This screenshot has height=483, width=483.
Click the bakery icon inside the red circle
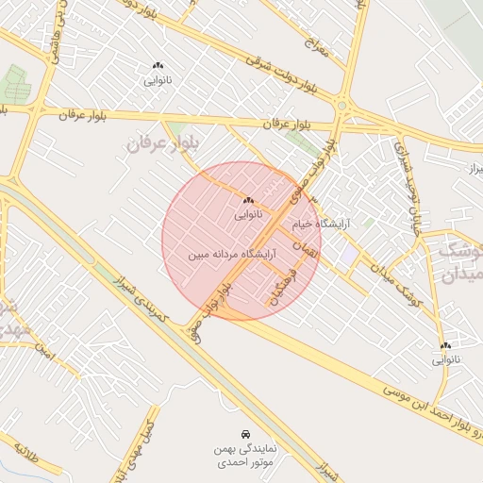[x=248, y=200]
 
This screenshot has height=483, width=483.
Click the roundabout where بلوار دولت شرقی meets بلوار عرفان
[x=342, y=106]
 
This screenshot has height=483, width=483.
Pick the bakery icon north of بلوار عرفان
[x=158, y=65]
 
